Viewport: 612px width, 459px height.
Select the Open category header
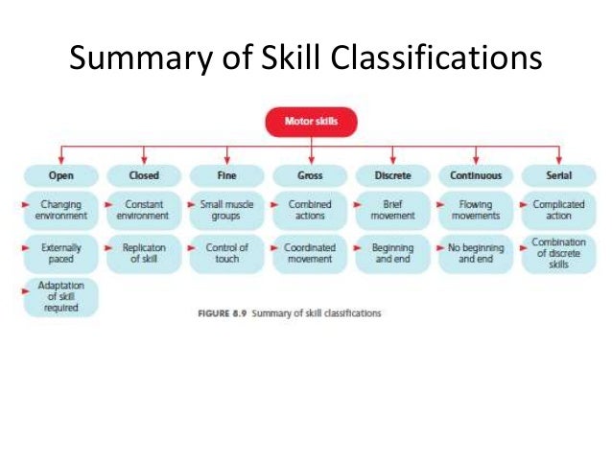coord(60,175)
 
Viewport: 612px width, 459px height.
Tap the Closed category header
coord(144,175)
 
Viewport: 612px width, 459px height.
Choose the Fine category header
coord(226,175)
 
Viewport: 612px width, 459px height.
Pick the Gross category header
coord(309,175)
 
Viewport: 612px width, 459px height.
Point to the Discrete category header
coord(391,175)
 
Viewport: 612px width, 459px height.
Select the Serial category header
coord(558,175)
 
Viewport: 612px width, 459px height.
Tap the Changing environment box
coord(60,210)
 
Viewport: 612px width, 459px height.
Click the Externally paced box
coord(60,253)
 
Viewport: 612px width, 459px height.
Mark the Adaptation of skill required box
coord(60,296)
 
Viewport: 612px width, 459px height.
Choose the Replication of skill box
coord(144,253)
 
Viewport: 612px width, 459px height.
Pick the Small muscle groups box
coord(226,210)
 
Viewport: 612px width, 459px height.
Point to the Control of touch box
coord(226,253)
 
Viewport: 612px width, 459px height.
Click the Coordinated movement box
coord(309,253)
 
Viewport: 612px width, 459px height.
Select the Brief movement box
coord(391,210)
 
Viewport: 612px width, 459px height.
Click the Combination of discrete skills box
coord(558,253)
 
